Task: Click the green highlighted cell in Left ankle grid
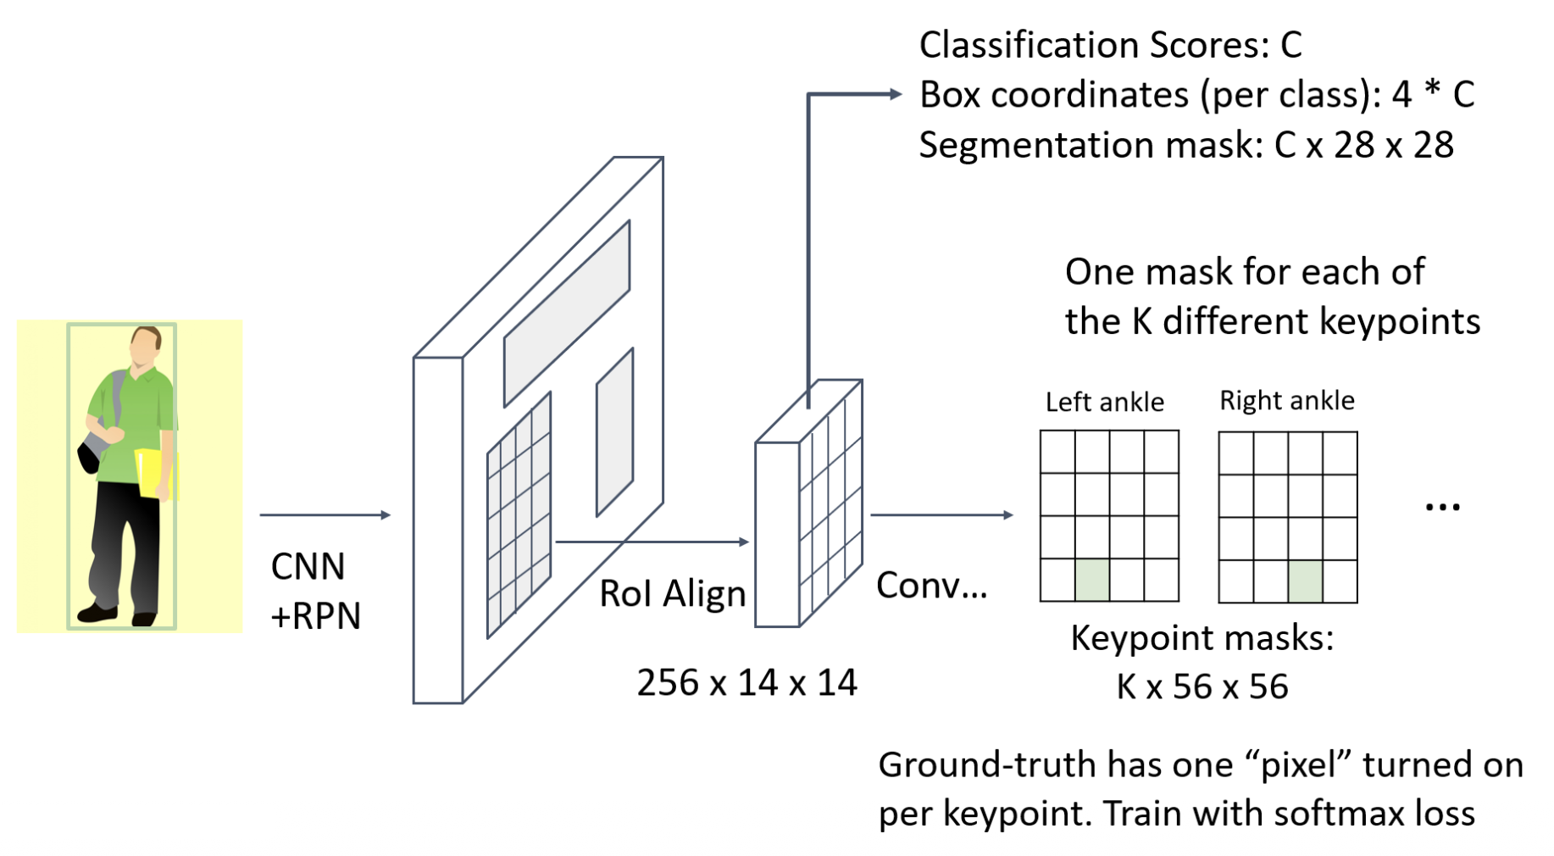(x=1092, y=581)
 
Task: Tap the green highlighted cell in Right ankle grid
(x=1305, y=581)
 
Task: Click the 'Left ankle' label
(x=1104, y=402)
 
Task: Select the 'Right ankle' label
(x=1286, y=400)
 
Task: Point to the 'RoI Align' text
(x=672, y=593)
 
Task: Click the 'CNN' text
(x=308, y=566)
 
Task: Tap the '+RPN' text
(x=315, y=616)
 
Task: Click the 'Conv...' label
(x=931, y=585)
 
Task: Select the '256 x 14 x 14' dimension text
(x=746, y=682)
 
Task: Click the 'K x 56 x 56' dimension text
(x=1202, y=686)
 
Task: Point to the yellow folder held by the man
(x=155, y=473)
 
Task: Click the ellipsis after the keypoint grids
(x=1441, y=508)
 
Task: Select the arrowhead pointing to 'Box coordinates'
(x=896, y=94)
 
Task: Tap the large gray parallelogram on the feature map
(x=566, y=314)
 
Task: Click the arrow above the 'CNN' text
(x=325, y=514)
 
